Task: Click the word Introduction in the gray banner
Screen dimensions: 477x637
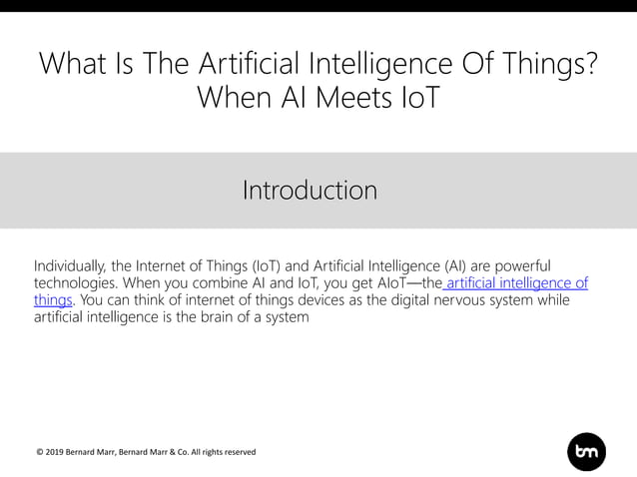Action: coord(310,190)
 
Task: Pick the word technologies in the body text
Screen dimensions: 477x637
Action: coord(77,282)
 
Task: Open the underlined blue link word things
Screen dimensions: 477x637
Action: coord(52,299)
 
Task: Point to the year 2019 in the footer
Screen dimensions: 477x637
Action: coord(57,452)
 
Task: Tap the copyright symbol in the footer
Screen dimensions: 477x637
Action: coord(39,452)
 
